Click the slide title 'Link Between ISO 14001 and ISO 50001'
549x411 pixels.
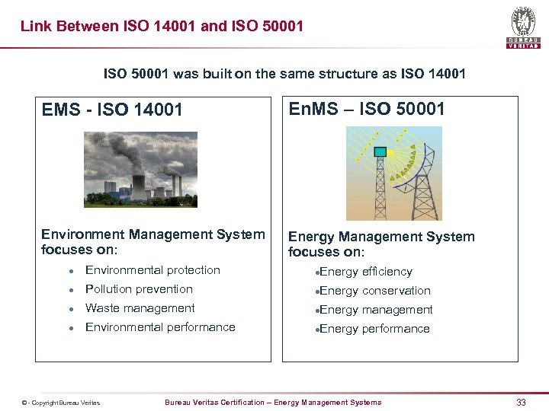pyautogui.click(x=162, y=27)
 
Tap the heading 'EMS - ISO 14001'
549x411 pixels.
pyautogui.click(x=112, y=110)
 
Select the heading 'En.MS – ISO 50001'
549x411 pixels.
pyautogui.click(x=366, y=109)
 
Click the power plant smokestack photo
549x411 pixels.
pyautogui.click(x=140, y=169)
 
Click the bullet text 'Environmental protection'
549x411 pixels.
pyautogui.click(x=152, y=270)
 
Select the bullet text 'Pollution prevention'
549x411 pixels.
pyautogui.click(x=139, y=289)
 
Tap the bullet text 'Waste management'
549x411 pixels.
pyautogui.click(x=140, y=308)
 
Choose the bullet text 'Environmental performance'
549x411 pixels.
pyautogui.click(x=160, y=327)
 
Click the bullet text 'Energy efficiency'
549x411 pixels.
pyautogui.click(x=366, y=272)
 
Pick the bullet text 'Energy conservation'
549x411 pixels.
pyautogui.click(x=375, y=291)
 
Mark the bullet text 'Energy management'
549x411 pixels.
pyautogui.click(x=376, y=310)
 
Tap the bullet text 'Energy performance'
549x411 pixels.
pyautogui.click(x=374, y=329)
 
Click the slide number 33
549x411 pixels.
pyautogui.click(x=521, y=402)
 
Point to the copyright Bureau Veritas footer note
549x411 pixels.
pyautogui.click(x=61, y=403)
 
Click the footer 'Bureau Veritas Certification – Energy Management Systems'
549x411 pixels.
pyautogui.click(x=273, y=402)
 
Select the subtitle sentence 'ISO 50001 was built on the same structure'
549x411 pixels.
pyautogui.click(x=284, y=74)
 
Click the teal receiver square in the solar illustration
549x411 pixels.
pyautogui.click(x=380, y=151)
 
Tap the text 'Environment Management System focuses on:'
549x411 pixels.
pyautogui.click(x=153, y=241)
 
